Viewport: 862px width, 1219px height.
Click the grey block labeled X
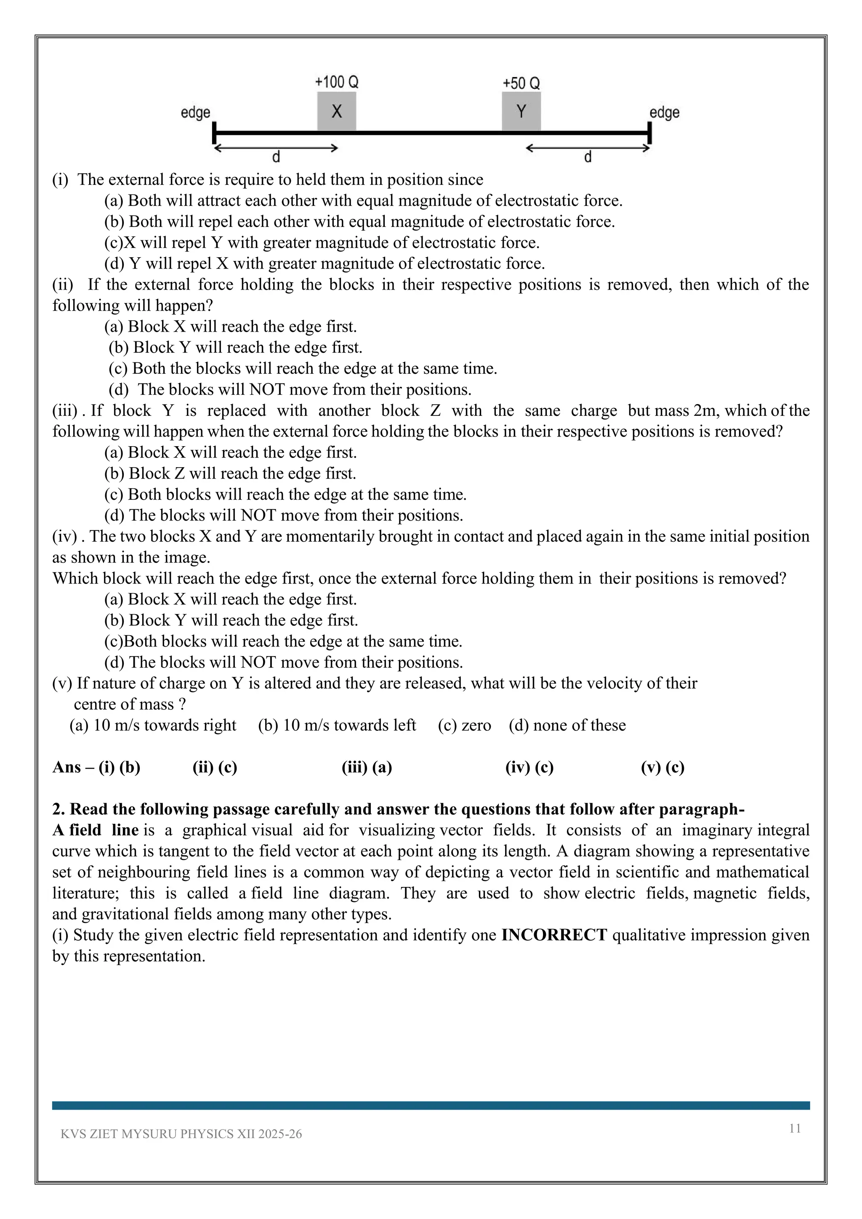click(x=337, y=112)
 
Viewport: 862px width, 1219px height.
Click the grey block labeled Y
click(x=521, y=112)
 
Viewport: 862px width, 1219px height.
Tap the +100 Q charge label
click(x=337, y=83)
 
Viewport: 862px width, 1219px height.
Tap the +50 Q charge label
click(x=521, y=83)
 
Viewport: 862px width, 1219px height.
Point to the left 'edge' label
click(x=195, y=112)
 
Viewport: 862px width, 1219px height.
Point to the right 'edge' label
click(x=665, y=112)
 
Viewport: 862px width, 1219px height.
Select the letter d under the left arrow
click(x=276, y=157)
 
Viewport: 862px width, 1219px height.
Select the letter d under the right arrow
click(x=588, y=157)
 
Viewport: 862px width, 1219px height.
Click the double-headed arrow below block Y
click(x=588, y=148)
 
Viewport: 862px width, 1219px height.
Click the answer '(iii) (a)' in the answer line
click(x=367, y=767)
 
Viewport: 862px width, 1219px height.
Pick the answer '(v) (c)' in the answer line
click(x=662, y=767)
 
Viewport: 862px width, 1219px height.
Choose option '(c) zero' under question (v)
click(x=464, y=725)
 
